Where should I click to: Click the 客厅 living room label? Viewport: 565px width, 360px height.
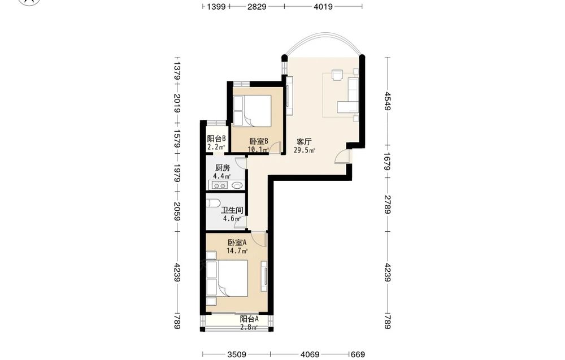point(304,142)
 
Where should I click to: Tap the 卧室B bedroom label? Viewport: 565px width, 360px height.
point(259,141)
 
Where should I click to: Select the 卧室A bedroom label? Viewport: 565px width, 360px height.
point(237,242)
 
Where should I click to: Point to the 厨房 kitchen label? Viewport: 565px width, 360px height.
point(222,168)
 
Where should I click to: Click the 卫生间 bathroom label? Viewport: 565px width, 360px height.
point(232,210)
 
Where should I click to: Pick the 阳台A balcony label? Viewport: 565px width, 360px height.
point(249,319)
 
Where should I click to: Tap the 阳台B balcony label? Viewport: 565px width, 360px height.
point(216,138)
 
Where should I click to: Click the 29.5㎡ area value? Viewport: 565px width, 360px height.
point(305,150)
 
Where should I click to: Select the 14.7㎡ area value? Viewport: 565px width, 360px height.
point(237,251)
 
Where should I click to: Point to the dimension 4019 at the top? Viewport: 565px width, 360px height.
point(323,6)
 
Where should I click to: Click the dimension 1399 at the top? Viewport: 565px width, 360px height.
point(216,6)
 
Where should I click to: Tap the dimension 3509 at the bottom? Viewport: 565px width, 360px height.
point(236,354)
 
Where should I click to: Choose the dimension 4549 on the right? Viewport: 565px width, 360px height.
point(388,101)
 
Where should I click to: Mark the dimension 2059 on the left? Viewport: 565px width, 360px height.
point(176,211)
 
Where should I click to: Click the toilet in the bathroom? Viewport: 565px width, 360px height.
point(213,203)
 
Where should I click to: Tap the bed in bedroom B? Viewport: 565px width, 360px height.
point(252,111)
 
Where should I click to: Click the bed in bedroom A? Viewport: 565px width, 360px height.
point(227,278)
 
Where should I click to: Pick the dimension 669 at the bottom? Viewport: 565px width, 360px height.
point(358,354)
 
